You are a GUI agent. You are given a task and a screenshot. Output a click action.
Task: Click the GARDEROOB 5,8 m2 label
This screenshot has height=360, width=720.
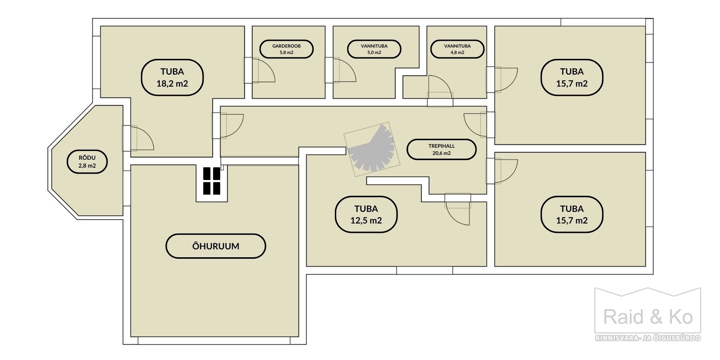286,49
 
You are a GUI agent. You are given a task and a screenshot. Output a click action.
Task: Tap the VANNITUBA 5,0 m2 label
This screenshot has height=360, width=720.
374,49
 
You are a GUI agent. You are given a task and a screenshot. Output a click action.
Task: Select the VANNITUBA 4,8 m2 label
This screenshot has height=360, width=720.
457,49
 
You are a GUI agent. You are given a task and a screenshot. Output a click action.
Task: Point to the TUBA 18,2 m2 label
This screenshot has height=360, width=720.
172,77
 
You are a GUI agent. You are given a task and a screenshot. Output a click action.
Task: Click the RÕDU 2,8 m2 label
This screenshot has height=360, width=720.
87,162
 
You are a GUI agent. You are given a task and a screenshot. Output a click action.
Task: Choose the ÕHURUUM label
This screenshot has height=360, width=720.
216,246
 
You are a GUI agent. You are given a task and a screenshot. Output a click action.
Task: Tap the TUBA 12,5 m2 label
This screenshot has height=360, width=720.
366,214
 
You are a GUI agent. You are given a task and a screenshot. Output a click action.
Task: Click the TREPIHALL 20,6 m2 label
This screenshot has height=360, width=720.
441,150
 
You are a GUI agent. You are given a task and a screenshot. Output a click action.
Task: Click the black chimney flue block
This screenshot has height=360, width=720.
211,181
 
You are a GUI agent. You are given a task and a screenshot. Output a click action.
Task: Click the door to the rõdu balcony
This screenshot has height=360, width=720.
138,138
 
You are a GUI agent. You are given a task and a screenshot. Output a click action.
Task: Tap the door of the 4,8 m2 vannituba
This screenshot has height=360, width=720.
440,91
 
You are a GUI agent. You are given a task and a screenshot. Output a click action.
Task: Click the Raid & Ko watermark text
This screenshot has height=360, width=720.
648,317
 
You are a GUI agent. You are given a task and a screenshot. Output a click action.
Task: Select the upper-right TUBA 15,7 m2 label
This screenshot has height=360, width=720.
572,77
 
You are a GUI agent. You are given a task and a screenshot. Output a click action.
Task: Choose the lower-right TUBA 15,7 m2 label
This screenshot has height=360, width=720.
572,214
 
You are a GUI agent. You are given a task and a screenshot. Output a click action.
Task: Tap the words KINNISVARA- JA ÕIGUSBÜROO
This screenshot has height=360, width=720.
648,338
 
